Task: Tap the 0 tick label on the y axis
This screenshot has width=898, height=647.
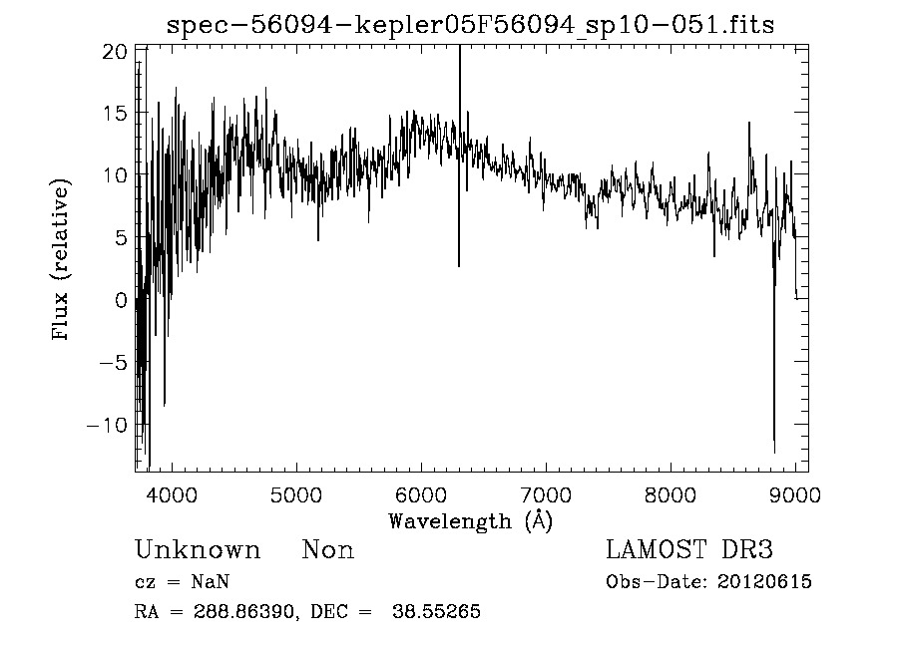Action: (x=121, y=300)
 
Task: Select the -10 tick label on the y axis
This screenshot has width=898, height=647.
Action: (x=109, y=425)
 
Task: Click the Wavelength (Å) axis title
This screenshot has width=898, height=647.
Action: (x=470, y=520)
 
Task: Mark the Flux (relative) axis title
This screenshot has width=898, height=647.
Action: (x=63, y=260)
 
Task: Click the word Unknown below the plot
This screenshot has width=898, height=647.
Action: (x=198, y=550)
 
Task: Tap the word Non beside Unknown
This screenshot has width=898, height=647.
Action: (x=327, y=550)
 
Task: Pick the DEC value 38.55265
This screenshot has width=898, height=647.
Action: (x=443, y=612)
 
